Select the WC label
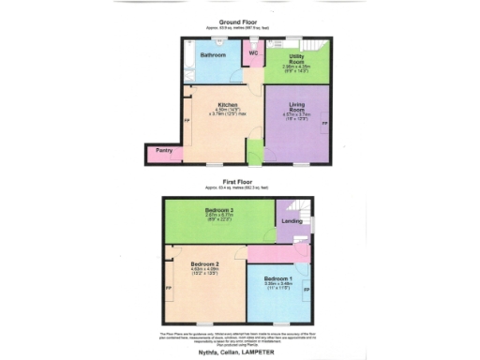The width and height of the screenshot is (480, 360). coord(252,54)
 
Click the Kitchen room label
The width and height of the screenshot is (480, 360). coord(228,104)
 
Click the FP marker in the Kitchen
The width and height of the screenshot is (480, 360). coord(187,122)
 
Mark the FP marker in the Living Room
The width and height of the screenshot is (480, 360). coord(325,124)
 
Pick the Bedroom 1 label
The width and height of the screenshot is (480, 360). coord(278,279)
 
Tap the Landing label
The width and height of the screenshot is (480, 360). coord(292,221)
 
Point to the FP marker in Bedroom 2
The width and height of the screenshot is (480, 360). coord(169,288)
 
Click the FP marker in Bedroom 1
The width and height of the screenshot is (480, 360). coord(307,291)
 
